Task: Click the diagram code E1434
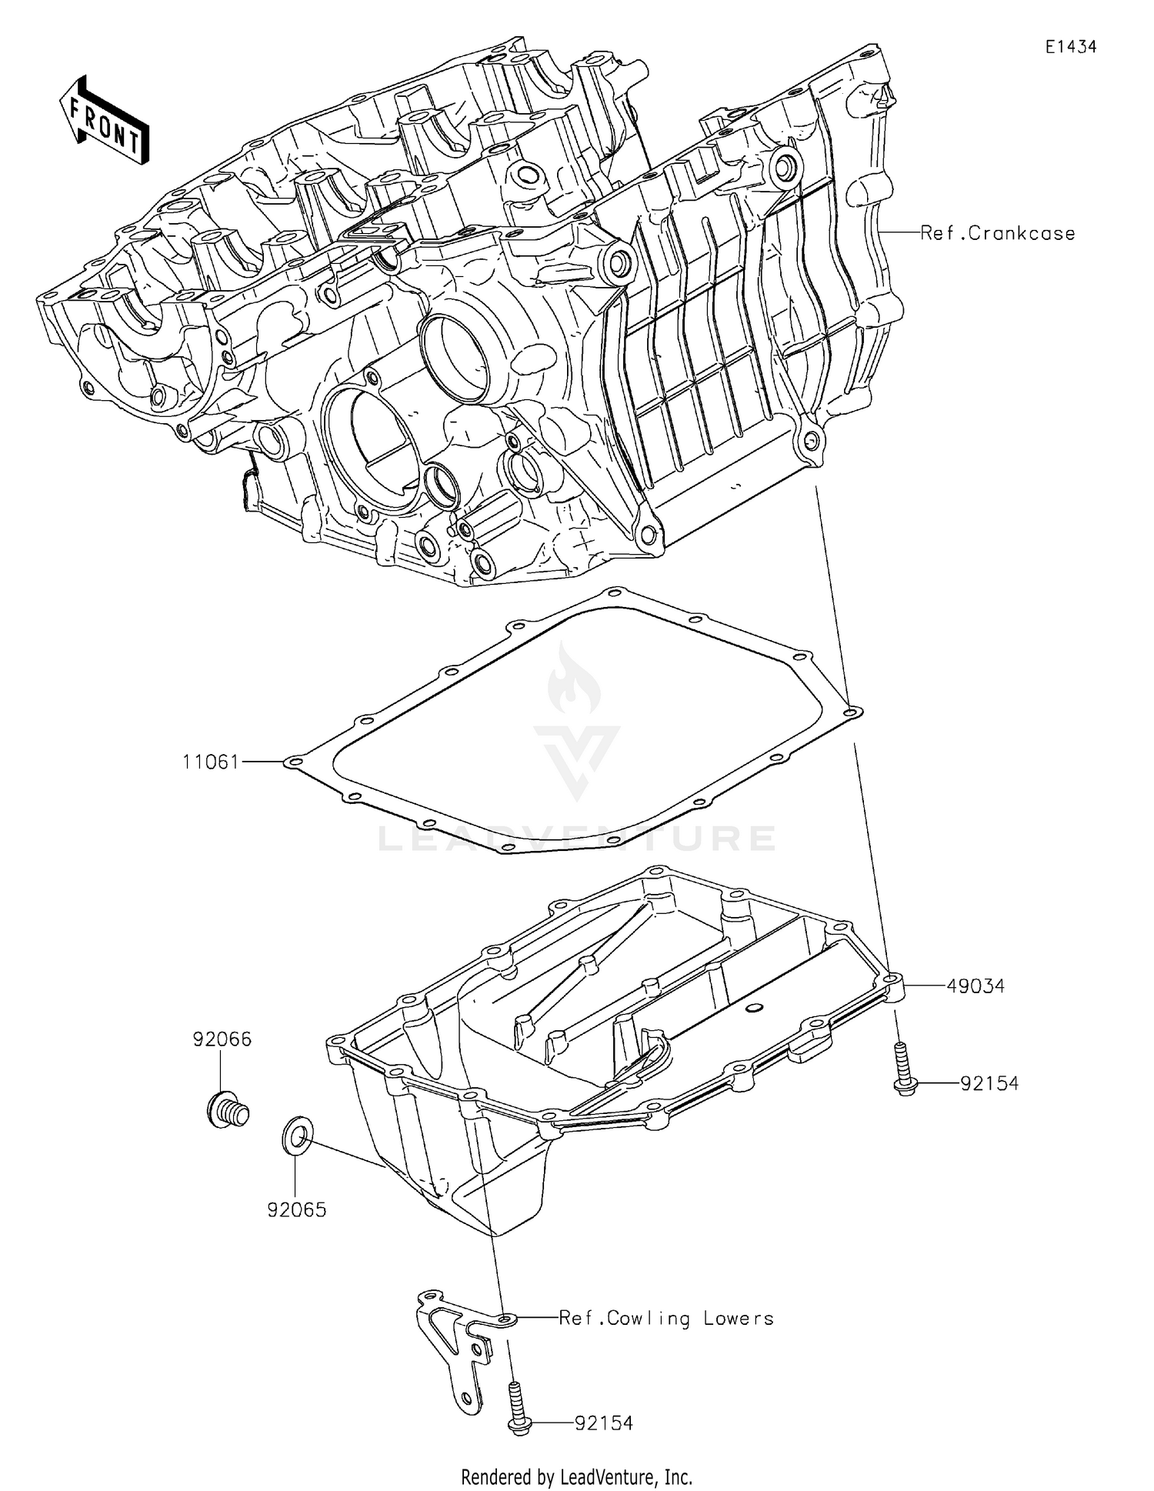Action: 1070,47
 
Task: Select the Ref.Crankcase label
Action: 997,233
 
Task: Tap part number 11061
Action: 211,762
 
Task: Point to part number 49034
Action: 976,986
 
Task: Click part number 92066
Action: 222,1039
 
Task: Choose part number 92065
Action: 297,1210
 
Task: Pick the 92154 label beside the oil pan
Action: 989,1083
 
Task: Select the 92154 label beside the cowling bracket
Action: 604,1423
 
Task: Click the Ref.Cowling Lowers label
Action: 666,1319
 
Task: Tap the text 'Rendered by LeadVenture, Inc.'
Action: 576,1477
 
